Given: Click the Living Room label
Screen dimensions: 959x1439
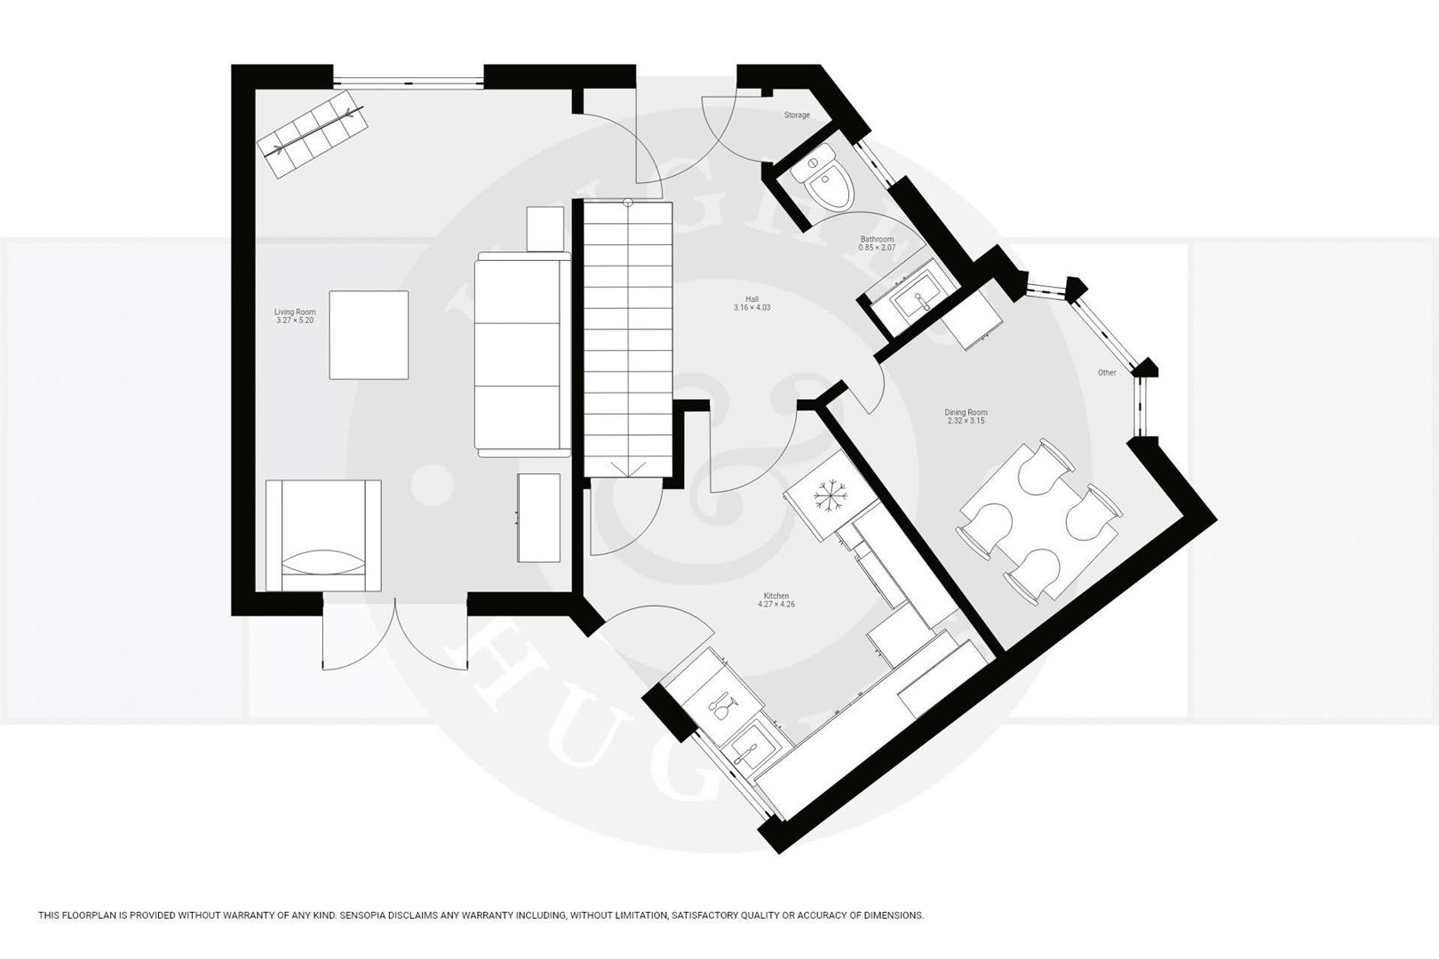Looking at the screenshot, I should pyautogui.click(x=294, y=312).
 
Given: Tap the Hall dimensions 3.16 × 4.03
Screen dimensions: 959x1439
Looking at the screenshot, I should pyautogui.click(x=751, y=308).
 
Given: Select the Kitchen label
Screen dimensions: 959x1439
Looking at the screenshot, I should pyautogui.click(x=775, y=596).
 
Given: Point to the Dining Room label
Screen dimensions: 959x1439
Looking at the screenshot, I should pyautogui.click(x=966, y=412).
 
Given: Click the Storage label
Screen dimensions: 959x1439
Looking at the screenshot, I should pyautogui.click(x=796, y=115).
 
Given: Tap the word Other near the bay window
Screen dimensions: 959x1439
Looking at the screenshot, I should pyautogui.click(x=1107, y=373).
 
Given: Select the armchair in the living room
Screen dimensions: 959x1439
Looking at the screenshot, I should pyautogui.click(x=323, y=536).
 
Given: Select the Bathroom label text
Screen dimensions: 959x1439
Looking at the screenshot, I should pyautogui.click(x=876, y=240).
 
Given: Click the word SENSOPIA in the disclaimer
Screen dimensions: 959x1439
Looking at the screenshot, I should pyautogui.click(x=355, y=915).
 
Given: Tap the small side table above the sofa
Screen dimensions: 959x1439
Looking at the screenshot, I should pyautogui.click(x=545, y=229).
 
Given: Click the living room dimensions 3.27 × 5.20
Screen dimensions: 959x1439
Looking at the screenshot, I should pyautogui.click(x=294, y=321).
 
